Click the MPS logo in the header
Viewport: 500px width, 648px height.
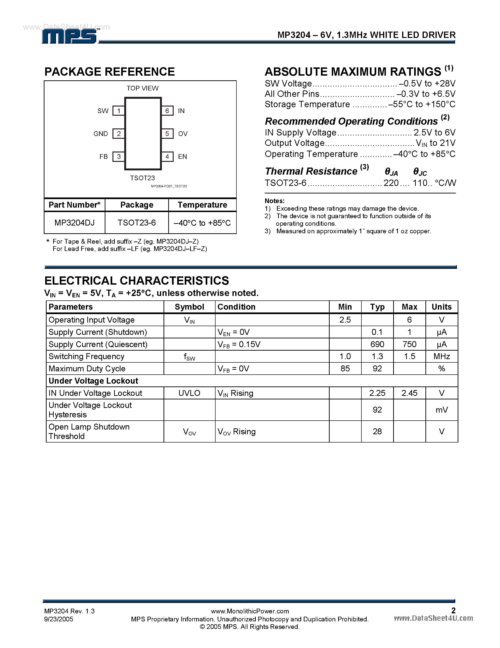(x=70, y=37)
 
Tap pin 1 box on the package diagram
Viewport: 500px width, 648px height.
(x=119, y=111)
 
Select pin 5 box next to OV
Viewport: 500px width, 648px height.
(x=167, y=134)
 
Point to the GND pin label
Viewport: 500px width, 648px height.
(x=101, y=134)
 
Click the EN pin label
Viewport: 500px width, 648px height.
(x=182, y=157)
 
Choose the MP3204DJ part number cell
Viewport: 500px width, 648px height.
(x=74, y=223)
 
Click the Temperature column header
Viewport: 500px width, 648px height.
(x=202, y=205)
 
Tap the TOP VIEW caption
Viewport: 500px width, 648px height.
(x=143, y=88)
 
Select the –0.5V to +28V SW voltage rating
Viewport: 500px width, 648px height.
(x=427, y=84)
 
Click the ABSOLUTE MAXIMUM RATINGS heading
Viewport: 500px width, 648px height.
(x=353, y=72)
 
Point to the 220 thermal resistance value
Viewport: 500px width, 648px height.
(x=391, y=183)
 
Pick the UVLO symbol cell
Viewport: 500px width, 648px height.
(x=189, y=393)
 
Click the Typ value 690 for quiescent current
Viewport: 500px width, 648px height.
(x=377, y=344)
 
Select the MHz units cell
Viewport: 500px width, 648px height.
(x=441, y=356)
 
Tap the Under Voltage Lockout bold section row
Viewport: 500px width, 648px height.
(x=93, y=381)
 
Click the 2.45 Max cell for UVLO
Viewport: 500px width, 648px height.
(x=409, y=393)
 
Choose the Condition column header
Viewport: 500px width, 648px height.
(x=236, y=307)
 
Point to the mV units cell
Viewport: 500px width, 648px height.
(x=441, y=410)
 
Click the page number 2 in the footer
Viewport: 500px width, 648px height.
(x=453, y=610)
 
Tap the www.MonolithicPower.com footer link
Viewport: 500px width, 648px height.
(x=250, y=611)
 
